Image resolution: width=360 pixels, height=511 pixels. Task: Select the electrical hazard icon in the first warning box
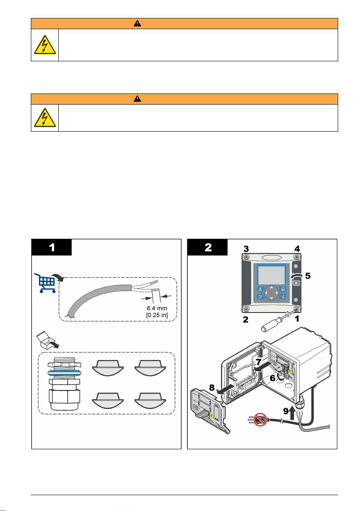[x=45, y=45]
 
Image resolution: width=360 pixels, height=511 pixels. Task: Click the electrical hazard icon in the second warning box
[x=45, y=118]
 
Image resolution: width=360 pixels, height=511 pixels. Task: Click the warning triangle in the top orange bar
[x=136, y=24]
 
